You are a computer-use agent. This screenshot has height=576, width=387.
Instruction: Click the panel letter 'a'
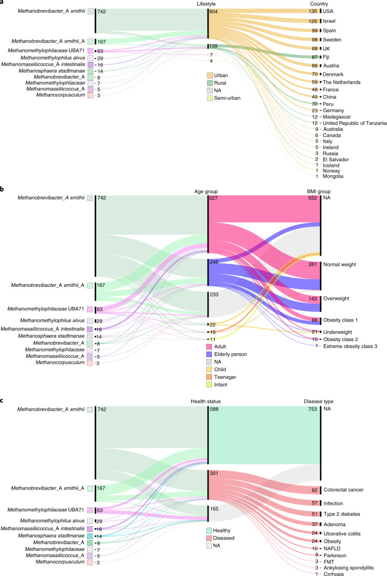pos(3,3)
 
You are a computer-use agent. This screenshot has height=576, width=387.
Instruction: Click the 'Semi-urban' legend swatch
pos(211,99)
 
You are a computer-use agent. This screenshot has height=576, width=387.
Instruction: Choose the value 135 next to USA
pos(312,10)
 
